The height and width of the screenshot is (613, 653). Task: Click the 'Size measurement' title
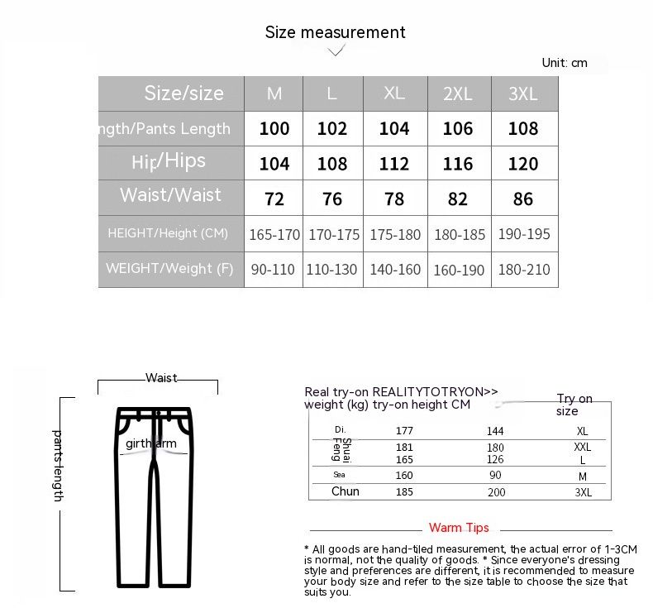[x=335, y=32]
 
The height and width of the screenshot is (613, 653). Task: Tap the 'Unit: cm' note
[x=565, y=63]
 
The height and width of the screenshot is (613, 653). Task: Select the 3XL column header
[x=523, y=93]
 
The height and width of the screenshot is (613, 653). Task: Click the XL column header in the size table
[x=394, y=93]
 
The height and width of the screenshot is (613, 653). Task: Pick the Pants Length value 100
[x=274, y=129]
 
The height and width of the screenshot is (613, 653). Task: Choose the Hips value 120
[x=523, y=164]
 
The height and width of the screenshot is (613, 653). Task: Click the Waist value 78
[x=394, y=199]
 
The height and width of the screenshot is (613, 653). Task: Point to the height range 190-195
[x=524, y=234]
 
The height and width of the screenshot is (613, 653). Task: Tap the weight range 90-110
[x=273, y=270]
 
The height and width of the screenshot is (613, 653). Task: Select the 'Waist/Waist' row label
[x=170, y=195]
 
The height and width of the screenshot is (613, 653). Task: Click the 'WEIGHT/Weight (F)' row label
[x=169, y=269]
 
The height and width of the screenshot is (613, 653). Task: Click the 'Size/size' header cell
[x=184, y=93]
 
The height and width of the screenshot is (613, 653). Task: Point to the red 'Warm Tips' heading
[x=459, y=528]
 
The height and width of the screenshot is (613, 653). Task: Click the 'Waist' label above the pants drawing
[x=161, y=378]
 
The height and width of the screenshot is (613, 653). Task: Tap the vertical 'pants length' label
[x=58, y=465]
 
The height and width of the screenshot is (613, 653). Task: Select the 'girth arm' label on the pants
[x=151, y=443]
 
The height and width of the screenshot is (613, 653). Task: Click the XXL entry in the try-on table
[x=583, y=447]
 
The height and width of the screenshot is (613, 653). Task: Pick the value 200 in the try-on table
[x=496, y=492]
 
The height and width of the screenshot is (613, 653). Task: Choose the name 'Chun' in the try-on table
[x=346, y=491]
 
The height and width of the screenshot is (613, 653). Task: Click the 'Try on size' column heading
[x=574, y=405]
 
